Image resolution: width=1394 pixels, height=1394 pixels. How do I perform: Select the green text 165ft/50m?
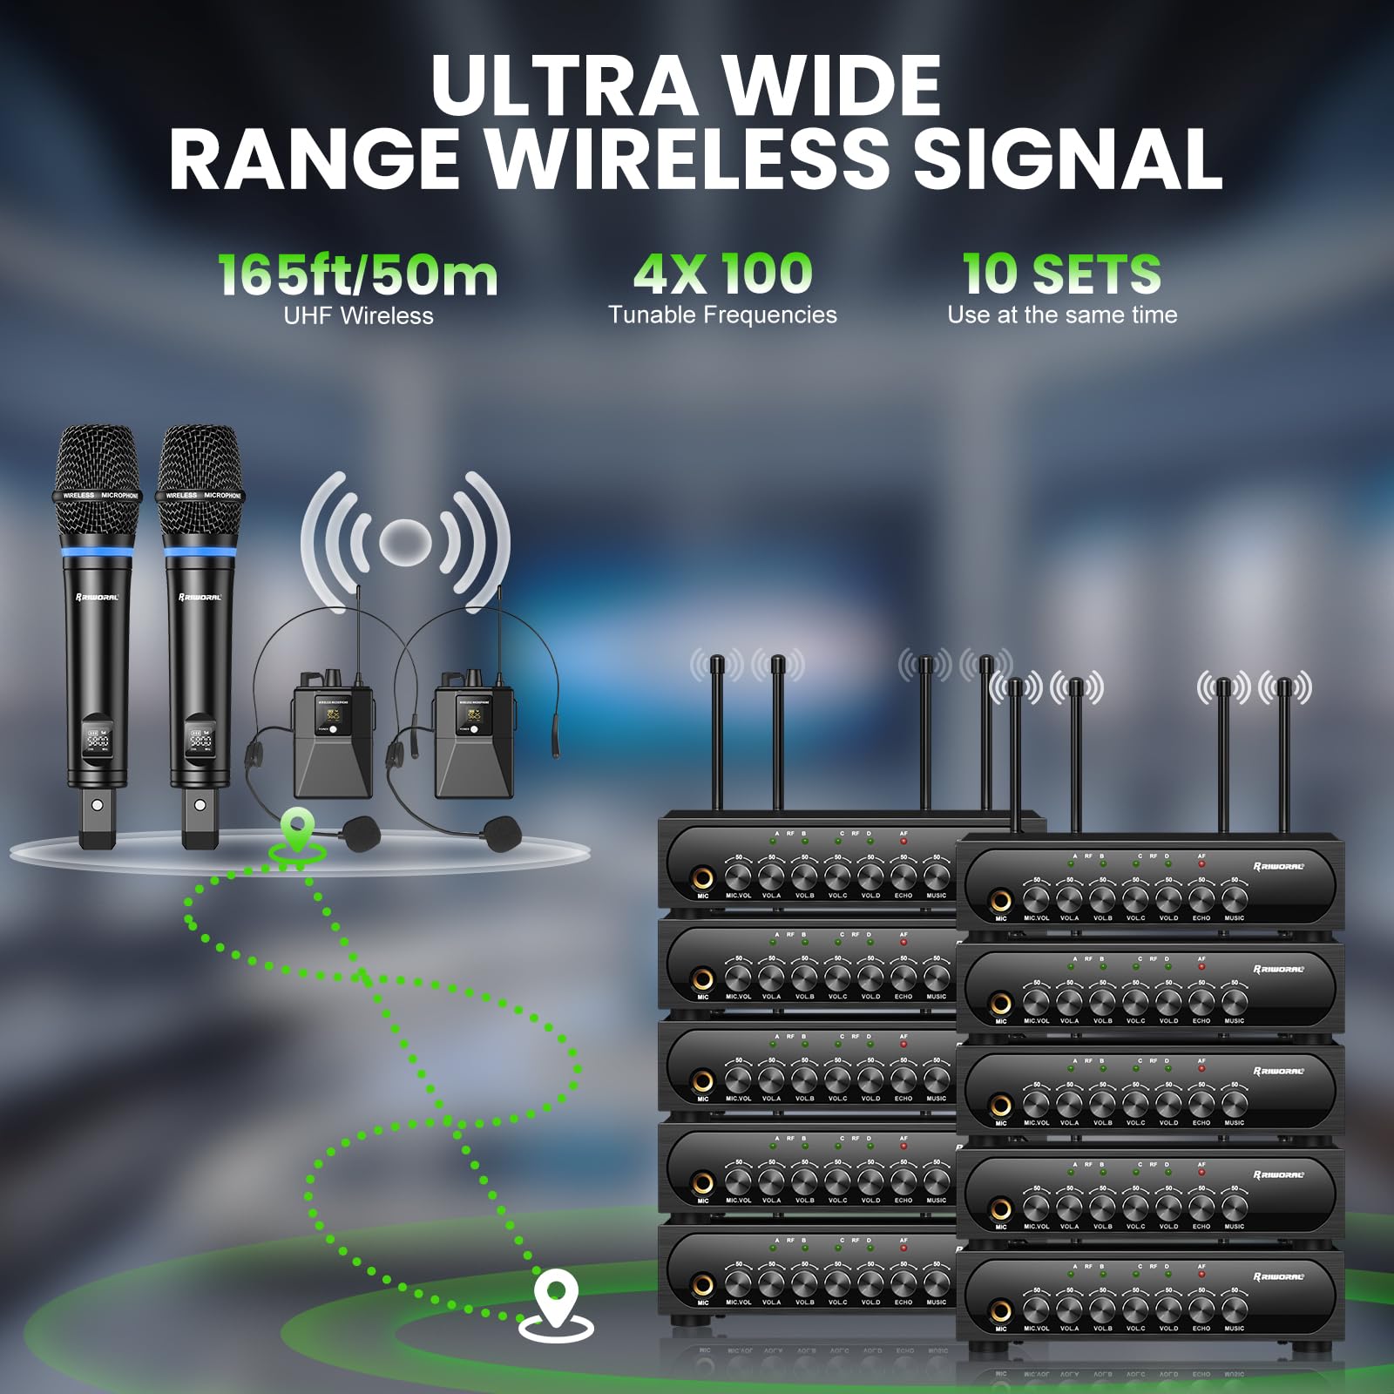357,274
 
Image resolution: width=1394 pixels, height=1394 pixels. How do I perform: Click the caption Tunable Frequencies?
722,315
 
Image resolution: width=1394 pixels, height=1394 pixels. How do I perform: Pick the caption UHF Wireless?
358,315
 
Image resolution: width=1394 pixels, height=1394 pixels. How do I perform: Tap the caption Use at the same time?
1062,315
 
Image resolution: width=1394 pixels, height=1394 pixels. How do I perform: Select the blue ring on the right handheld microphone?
200,552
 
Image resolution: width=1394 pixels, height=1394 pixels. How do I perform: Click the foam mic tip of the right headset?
503,832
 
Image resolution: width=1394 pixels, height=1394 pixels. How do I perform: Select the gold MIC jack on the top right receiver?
1001,900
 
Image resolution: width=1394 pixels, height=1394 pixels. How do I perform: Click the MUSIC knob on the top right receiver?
1234,898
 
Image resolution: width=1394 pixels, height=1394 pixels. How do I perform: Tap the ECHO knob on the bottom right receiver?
1201,1309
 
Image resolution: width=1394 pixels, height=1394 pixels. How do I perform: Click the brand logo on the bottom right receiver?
1278,1277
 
